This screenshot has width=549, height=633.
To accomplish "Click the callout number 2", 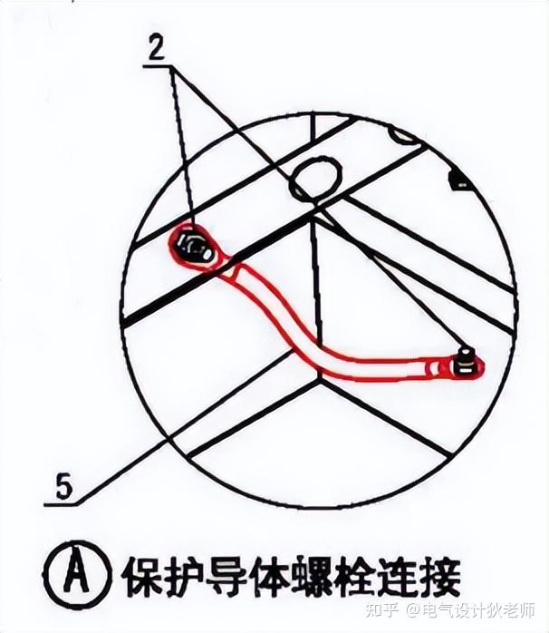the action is click(x=157, y=48).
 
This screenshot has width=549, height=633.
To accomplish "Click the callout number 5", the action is click(x=63, y=487).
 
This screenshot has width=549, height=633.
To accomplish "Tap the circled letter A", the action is click(x=77, y=576).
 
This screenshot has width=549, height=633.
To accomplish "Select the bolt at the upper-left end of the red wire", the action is click(x=194, y=247).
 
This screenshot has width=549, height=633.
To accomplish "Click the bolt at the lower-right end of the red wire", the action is click(x=466, y=363).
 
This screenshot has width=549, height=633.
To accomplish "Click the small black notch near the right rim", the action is click(x=459, y=180).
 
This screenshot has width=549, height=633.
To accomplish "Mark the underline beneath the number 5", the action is click(x=61, y=504).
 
